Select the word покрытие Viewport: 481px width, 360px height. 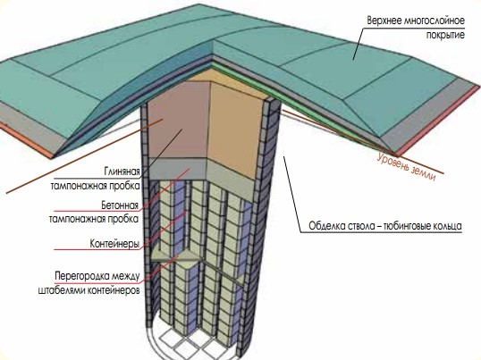click(445, 35)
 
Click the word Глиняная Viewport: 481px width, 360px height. click(122, 171)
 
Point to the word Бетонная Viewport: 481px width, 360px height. click(120, 205)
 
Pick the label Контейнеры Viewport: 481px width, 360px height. click(114, 244)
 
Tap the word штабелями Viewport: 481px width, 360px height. click(62, 289)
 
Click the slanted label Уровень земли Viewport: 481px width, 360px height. click(406, 167)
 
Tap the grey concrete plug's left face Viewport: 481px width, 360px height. click(178, 169)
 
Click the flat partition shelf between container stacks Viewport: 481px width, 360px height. click(175, 256)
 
